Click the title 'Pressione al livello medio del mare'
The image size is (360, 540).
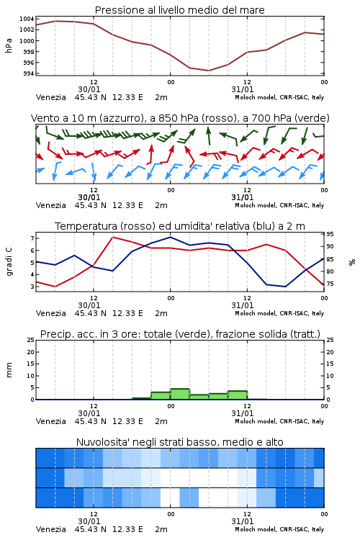[x=179, y=10]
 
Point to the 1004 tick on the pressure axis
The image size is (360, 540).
[x=27, y=19]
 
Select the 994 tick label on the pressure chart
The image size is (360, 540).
[x=28, y=73]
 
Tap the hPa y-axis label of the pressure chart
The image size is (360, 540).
[x=9, y=45]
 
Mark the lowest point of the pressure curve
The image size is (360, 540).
[x=208, y=71]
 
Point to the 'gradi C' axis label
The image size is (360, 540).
[x=9, y=261]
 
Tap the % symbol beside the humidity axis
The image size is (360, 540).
[x=352, y=262]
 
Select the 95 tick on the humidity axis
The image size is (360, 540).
[x=330, y=234]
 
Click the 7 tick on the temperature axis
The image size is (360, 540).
[x=32, y=238]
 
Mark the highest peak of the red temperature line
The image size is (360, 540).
[x=112, y=237]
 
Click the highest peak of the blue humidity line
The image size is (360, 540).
[x=170, y=237]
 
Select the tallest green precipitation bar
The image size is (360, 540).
[x=180, y=394]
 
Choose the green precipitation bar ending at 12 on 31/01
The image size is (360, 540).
[x=238, y=395]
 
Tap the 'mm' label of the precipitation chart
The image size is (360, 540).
[x=9, y=369]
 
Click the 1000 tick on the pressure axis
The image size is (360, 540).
[x=27, y=41]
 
